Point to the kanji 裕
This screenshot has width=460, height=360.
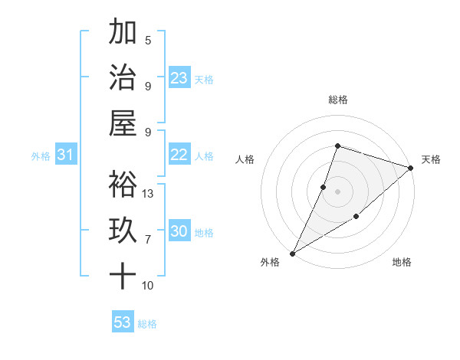point(123,184)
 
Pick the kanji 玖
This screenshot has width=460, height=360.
point(123,231)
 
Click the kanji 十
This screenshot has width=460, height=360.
point(123,276)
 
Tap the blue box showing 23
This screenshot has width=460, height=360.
point(179,78)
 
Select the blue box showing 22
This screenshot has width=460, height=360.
point(179,155)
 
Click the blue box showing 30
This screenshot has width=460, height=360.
point(179,232)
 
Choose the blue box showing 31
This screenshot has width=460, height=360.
point(66,155)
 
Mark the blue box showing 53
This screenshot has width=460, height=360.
point(123,322)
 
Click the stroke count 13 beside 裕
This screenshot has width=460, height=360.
point(149,193)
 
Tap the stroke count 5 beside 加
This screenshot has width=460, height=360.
point(148,40)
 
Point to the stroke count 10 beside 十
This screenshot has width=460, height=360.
point(149,286)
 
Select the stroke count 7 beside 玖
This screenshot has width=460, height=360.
point(148,240)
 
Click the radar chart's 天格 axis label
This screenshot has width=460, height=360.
point(431,159)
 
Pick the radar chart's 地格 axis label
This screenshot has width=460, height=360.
point(402,262)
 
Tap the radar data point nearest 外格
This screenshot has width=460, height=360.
point(292,253)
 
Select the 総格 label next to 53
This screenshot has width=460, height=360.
point(147,324)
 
